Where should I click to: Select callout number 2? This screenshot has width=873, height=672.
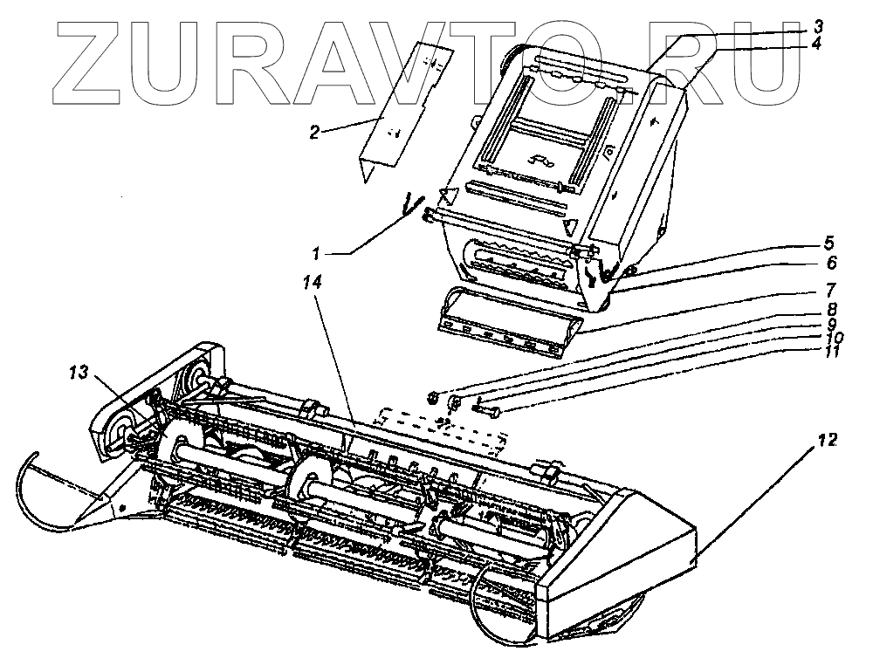click(316, 132)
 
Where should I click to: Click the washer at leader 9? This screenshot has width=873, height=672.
click(455, 402)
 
